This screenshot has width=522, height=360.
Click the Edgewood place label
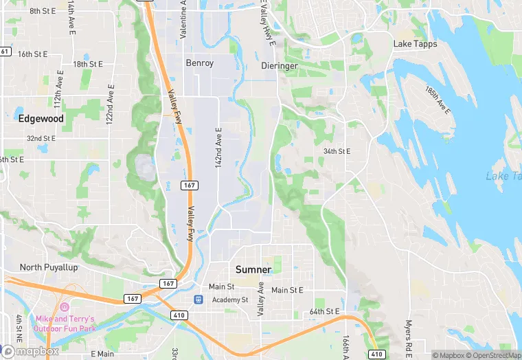[x=41, y=118]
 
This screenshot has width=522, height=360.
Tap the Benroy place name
[x=200, y=63]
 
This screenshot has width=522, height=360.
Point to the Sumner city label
[x=253, y=269]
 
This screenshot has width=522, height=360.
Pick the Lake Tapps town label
[x=415, y=44]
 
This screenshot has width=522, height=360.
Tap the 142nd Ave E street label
[x=218, y=148]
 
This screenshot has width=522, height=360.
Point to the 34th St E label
[x=337, y=151]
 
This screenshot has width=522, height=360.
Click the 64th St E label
[x=324, y=311]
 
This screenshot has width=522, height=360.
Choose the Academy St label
[x=229, y=300]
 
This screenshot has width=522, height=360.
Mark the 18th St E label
[x=88, y=64]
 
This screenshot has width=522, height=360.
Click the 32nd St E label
[x=41, y=139]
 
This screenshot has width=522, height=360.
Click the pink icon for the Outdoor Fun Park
[x=65, y=306]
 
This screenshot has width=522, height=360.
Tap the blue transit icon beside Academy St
[x=198, y=300]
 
